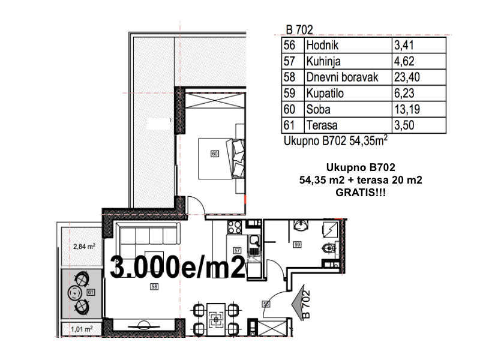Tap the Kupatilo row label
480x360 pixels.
coord(325,94)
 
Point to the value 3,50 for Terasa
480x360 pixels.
coord(404,125)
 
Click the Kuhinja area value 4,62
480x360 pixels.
coord(404,61)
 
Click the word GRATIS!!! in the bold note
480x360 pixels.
coord(361,193)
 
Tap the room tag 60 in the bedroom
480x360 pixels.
coord(215,154)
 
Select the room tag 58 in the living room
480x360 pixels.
coord(154,287)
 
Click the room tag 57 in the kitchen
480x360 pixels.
coord(237,250)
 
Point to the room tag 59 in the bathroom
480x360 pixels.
coord(297,245)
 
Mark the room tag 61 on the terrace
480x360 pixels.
coord(91,292)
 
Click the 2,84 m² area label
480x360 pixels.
coord(84,247)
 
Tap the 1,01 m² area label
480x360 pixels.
coord(82,329)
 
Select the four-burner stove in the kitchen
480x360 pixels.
coord(235,227)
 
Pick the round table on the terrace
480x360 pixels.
coord(74,293)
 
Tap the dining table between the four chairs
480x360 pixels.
coord(216,320)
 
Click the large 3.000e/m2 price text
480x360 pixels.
coord(178,267)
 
